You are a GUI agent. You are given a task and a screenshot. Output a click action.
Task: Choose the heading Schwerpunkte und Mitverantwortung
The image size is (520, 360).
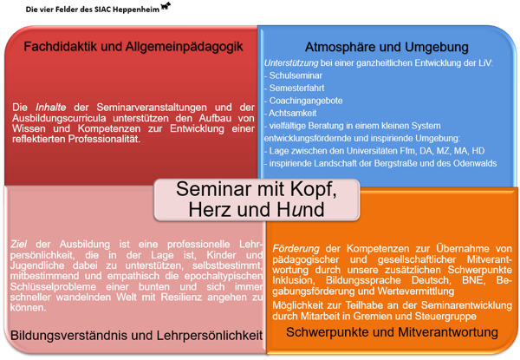click(x=387, y=332)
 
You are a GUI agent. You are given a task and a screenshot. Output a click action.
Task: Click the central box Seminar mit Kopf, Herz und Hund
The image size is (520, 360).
click(x=257, y=199)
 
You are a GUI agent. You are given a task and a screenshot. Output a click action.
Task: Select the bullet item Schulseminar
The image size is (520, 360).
click(x=295, y=76)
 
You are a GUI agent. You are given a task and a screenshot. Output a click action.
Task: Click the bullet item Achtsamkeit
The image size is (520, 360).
click(x=294, y=113)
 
